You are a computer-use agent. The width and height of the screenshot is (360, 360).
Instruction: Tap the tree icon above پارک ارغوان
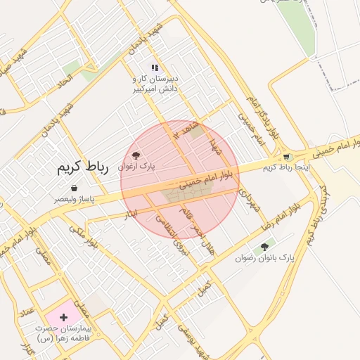tap(136, 155)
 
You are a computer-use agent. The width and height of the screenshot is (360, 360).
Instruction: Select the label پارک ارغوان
tap(136, 166)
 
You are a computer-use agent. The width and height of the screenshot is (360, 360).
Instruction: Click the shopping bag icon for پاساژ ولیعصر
tap(75, 188)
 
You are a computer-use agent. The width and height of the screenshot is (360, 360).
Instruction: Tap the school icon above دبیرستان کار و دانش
tap(154, 68)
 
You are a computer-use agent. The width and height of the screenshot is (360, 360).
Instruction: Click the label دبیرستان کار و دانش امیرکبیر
tap(155, 84)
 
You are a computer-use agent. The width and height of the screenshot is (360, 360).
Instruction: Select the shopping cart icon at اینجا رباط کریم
tap(285, 157)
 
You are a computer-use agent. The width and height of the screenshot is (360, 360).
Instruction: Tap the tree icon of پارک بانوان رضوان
tap(264, 247)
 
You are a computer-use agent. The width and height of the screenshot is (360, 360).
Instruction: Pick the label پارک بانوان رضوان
tap(265, 259)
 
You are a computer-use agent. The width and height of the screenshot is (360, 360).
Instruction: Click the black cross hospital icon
tap(64, 317)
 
